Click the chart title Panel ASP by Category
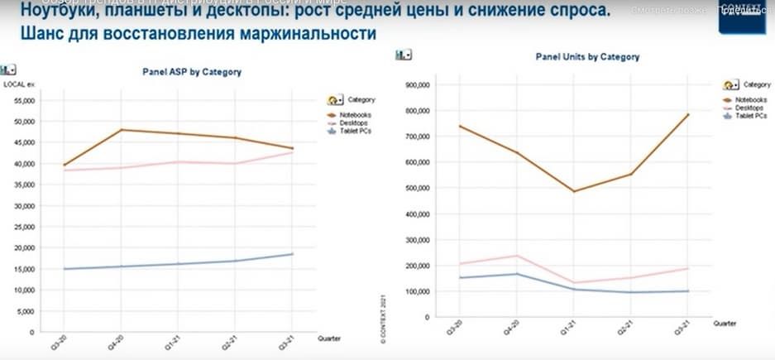[x=192, y=72]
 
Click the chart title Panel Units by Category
[x=587, y=57]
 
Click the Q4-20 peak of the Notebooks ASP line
[x=122, y=130]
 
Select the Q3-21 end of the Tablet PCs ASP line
[x=293, y=254]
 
